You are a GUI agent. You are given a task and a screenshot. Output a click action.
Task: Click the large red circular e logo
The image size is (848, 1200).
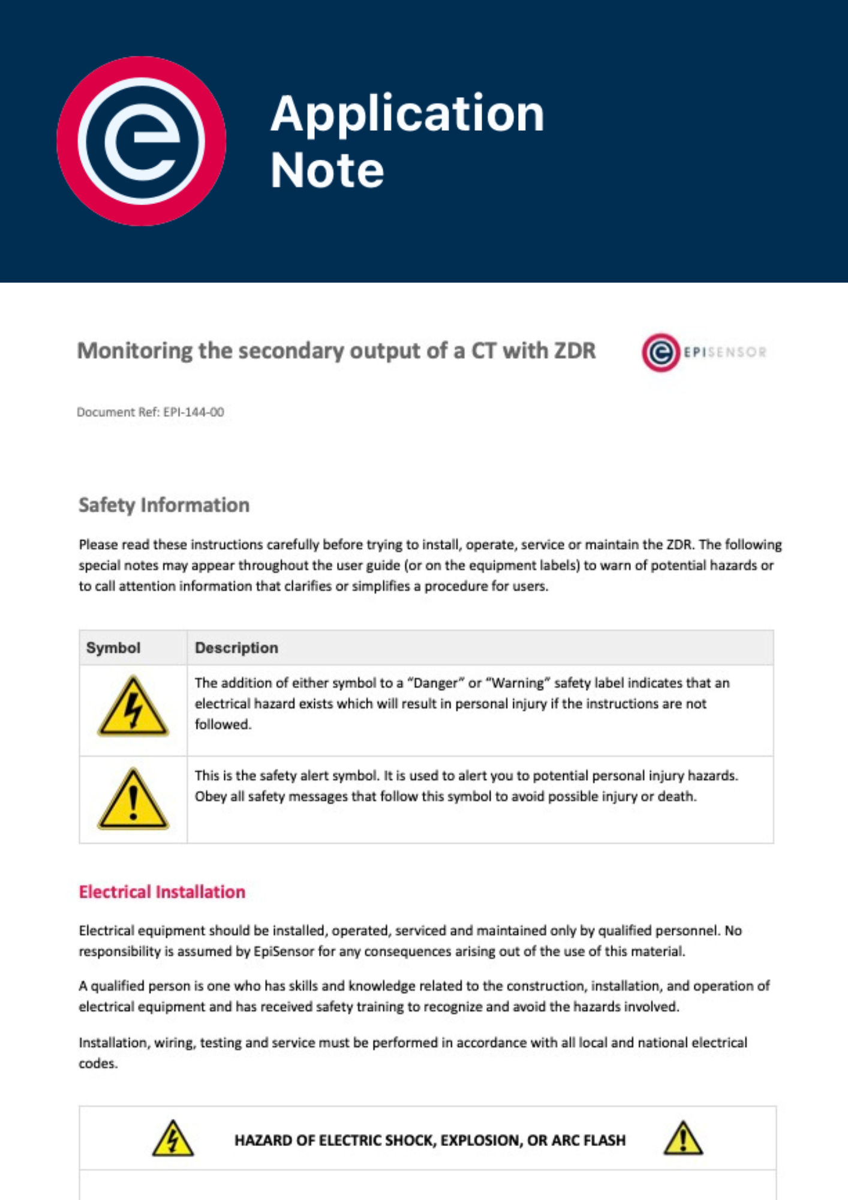(142, 141)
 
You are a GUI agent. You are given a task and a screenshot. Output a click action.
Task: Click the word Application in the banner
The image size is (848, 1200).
(407, 113)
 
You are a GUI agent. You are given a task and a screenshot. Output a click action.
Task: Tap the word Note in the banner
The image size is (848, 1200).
(327, 170)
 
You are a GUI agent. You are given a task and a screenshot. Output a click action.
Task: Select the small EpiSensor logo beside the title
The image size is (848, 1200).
(703, 352)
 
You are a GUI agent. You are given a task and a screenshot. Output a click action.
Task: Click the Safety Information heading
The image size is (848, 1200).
(164, 505)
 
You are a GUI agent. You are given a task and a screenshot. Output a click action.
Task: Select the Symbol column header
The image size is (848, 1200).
(113, 648)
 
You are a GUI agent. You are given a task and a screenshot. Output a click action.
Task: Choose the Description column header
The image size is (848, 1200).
(236, 648)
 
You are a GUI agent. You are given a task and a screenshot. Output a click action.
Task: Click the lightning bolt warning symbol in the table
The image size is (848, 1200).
(133, 707)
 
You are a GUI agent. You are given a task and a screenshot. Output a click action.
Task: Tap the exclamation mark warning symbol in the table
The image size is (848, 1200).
(133, 800)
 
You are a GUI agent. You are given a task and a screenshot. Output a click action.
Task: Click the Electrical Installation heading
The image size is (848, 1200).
(162, 892)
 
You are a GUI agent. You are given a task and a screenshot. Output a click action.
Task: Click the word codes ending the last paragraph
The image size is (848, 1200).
(97, 1064)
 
